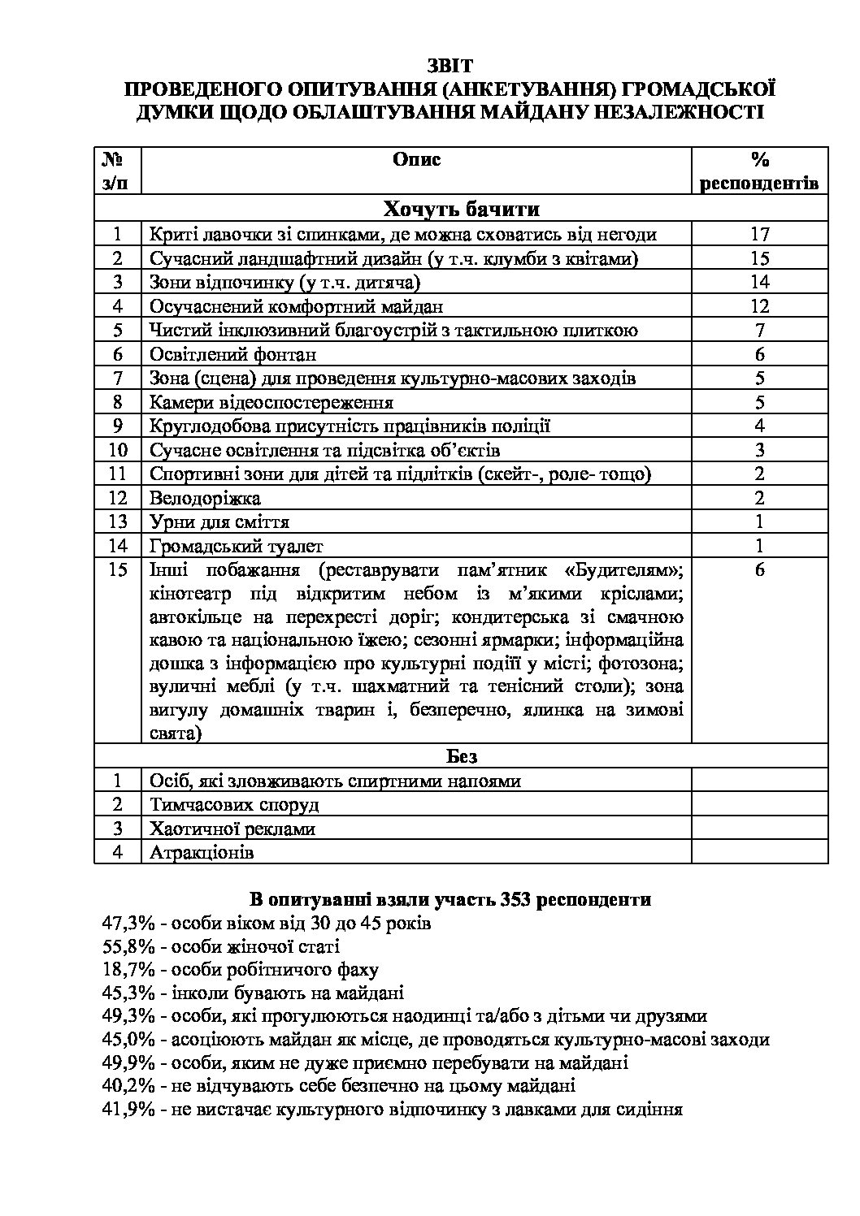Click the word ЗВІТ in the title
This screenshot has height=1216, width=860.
point(450,65)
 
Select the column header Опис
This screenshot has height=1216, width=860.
point(416,159)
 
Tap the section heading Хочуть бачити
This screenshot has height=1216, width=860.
point(461,210)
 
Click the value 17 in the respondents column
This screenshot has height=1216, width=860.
point(759,235)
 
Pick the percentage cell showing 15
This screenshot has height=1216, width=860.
point(759,258)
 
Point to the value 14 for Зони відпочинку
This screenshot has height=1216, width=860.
point(759,282)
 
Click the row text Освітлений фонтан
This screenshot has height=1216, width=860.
point(232,354)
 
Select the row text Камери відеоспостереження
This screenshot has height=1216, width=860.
point(271,402)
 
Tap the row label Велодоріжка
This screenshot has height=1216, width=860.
point(205,498)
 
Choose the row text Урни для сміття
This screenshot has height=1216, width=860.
point(219,521)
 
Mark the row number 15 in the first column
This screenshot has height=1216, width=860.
point(118,569)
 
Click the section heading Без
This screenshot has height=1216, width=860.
point(461,756)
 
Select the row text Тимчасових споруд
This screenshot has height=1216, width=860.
point(234,805)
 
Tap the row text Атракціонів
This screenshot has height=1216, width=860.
point(202,853)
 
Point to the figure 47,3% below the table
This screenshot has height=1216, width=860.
point(128,924)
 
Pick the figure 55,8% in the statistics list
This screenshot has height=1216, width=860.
point(128,946)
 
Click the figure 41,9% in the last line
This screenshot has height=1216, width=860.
point(128,1109)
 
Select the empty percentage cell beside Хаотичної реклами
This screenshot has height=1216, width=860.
point(759,829)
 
